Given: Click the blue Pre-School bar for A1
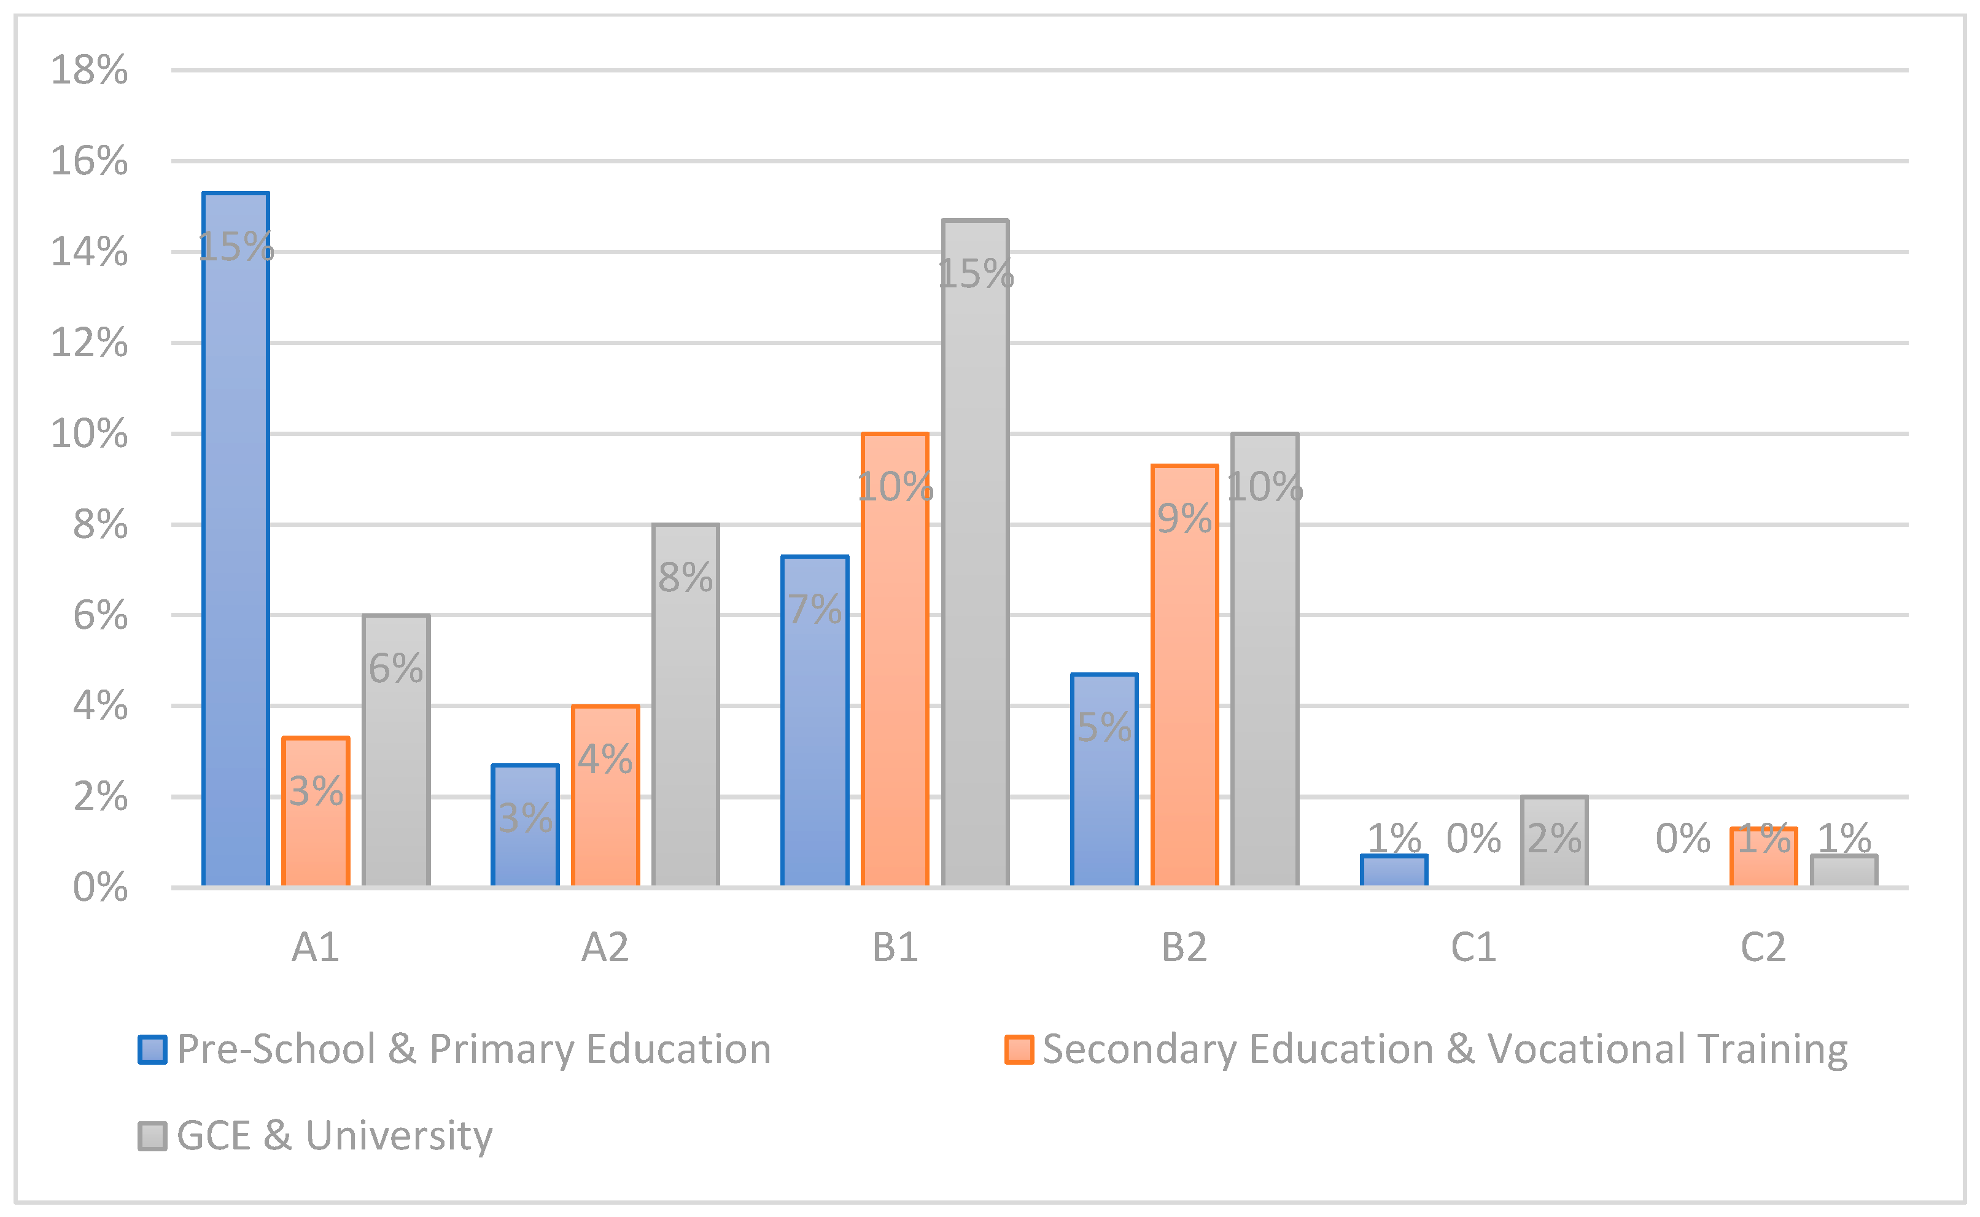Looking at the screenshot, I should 235,539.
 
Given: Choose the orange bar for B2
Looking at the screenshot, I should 1184,675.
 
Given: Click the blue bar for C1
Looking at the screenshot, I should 1394,871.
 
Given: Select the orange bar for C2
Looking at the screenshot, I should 1763,857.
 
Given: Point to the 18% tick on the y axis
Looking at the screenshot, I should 89,70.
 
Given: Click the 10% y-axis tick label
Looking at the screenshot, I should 89,434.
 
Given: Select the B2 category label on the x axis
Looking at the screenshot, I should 1184,947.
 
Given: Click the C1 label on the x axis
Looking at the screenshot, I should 1474,947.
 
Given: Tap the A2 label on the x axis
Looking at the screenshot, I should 605,947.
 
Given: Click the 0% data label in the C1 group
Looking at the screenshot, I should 1474,839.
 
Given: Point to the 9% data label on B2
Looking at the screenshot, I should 1184,518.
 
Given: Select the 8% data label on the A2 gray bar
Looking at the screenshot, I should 685,577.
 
